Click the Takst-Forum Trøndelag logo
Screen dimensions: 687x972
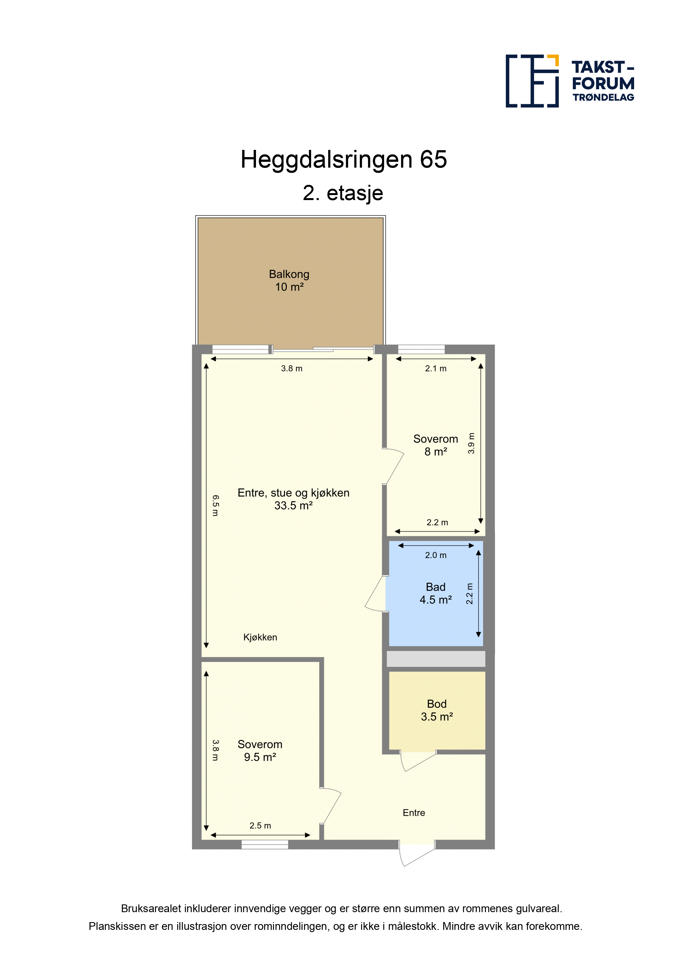point(570,81)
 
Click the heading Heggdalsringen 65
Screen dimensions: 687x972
point(344,160)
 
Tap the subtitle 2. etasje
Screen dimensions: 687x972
point(343,193)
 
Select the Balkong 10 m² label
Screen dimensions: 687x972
point(289,280)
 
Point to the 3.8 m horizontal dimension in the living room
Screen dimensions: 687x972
point(292,368)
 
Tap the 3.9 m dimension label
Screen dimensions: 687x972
point(471,444)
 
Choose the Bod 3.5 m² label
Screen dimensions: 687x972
point(437,710)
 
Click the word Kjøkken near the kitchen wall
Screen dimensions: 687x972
point(260,637)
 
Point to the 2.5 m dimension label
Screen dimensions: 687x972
point(260,825)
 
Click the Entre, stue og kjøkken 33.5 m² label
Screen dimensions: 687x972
point(293,499)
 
